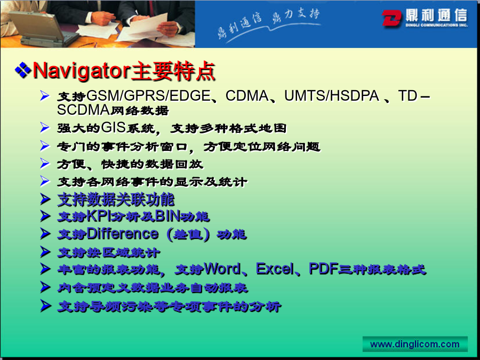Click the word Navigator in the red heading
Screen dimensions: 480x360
(x=82, y=71)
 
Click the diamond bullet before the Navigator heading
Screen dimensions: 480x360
(x=23, y=70)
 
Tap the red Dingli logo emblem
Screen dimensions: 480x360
(x=391, y=18)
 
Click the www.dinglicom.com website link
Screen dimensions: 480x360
(x=415, y=344)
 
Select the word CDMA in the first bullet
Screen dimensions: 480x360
(x=247, y=96)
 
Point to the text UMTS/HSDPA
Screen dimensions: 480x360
(x=332, y=96)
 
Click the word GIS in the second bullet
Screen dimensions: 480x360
(x=113, y=127)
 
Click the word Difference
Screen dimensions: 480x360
(x=123, y=234)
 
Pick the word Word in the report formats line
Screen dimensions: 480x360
(x=222, y=269)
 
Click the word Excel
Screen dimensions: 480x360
(x=275, y=269)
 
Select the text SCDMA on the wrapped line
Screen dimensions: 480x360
(x=83, y=110)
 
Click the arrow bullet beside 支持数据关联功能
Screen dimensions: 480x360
(x=45, y=199)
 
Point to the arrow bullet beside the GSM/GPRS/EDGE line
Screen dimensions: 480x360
(x=45, y=95)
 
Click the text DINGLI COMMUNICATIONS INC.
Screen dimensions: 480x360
(x=436, y=25)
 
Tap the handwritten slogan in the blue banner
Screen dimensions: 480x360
(x=268, y=24)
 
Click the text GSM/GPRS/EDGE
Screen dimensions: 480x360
(x=148, y=96)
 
